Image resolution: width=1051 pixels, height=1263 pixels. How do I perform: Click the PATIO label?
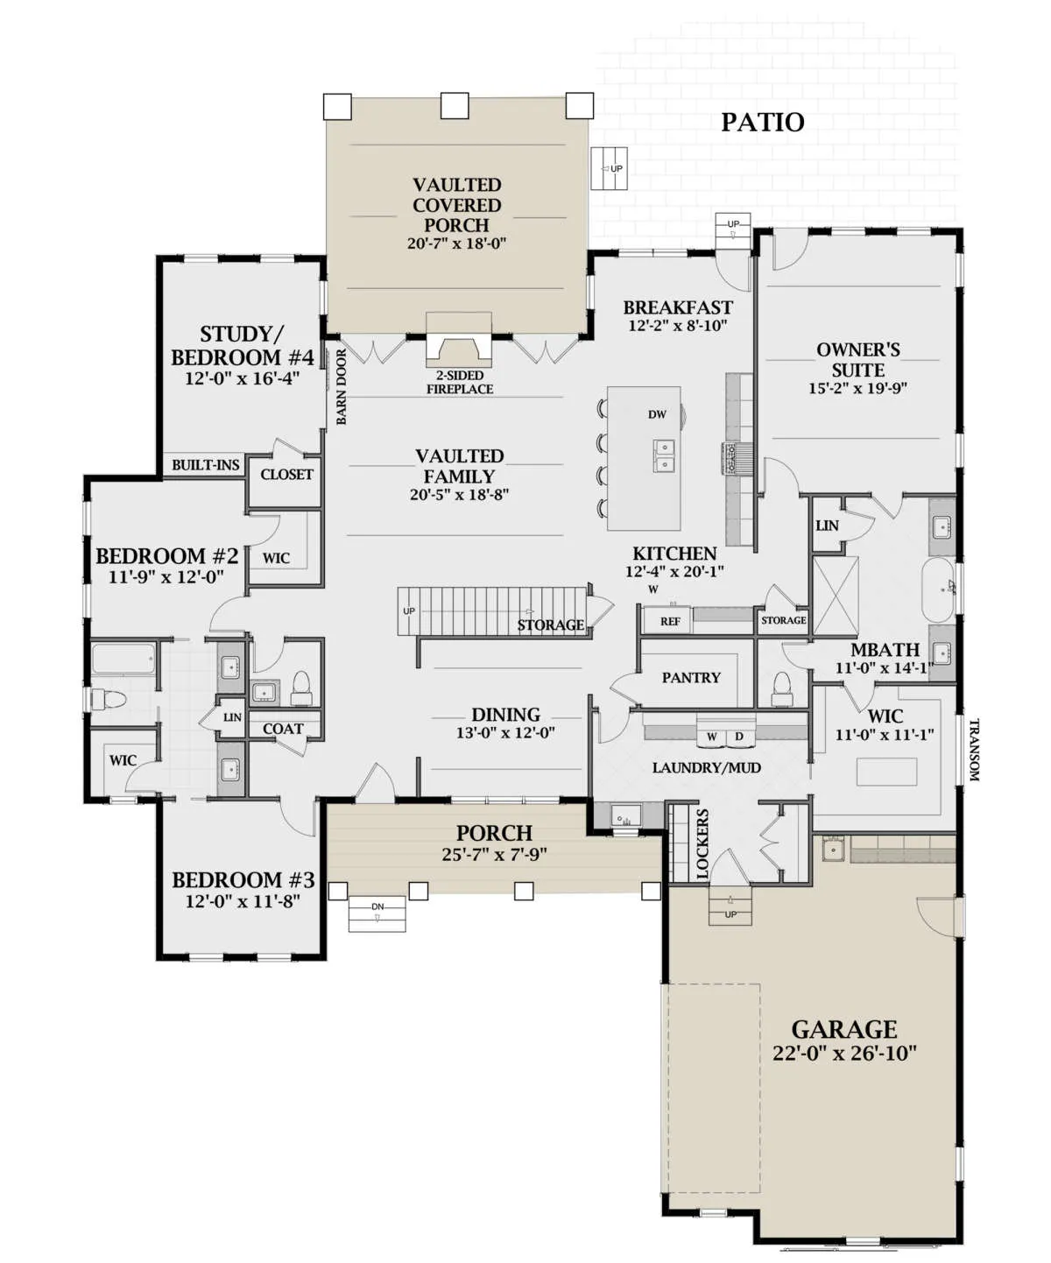[762, 123]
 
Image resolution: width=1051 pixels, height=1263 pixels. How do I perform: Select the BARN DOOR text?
[342, 386]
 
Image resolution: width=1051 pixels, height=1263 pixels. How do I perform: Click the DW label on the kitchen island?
[657, 414]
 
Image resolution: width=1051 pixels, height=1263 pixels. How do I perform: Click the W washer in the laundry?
[711, 736]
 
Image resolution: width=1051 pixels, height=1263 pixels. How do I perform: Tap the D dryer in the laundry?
[739, 736]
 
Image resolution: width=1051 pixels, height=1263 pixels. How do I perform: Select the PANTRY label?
[691, 677]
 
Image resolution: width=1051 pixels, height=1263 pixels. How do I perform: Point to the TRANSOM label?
[974, 750]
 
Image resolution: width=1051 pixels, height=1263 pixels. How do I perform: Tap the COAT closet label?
[283, 729]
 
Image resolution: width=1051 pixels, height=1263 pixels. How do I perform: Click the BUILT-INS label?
[206, 464]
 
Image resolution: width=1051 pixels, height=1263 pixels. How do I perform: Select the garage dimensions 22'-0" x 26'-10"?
[844, 1053]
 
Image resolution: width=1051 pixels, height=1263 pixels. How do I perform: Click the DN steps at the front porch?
[377, 913]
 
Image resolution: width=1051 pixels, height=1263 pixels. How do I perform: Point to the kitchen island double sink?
[665, 455]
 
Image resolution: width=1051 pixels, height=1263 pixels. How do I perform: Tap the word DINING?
[506, 715]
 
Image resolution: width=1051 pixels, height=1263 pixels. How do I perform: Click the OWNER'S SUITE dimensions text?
[858, 388]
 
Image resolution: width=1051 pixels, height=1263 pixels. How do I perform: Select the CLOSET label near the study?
[286, 474]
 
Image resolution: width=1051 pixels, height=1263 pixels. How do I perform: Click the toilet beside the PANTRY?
[782, 688]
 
